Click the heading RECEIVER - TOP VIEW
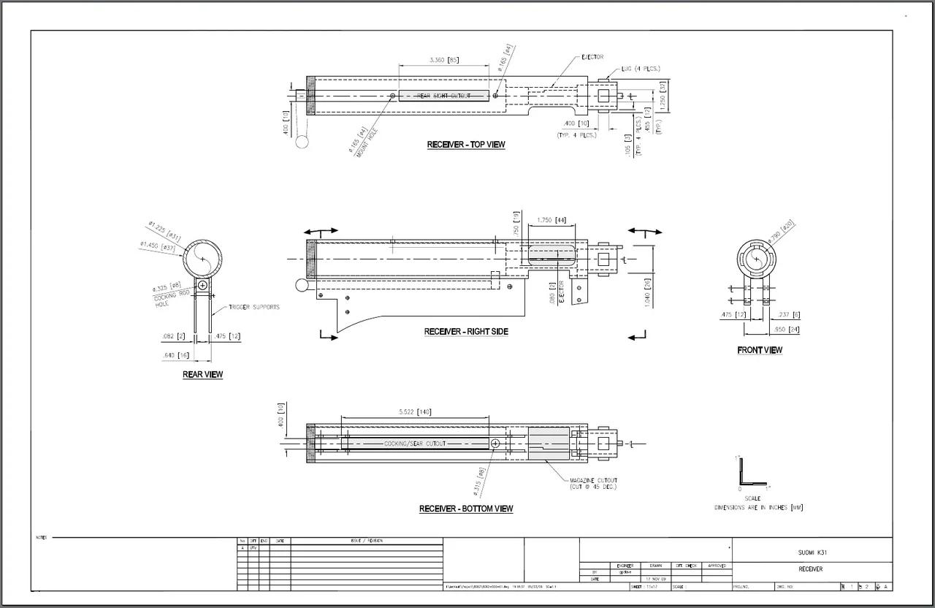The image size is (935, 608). tap(466, 145)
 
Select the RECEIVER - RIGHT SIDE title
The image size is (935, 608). tap(466, 332)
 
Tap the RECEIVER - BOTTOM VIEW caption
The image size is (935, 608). tap(466, 509)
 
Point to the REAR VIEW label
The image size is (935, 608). tap(203, 375)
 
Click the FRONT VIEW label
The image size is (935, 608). tap(760, 351)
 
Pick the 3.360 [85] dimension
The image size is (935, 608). tap(444, 60)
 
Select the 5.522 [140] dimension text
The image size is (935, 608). tap(415, 412)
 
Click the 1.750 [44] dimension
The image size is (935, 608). tap(552, 220)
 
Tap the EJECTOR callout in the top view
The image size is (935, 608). tap(592, 57)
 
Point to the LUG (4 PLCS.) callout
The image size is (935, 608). tap(641, 69)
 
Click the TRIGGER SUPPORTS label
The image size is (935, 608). tap(253, 307)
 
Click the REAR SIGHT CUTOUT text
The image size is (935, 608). tap(443, 96)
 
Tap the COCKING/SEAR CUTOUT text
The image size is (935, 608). tap(415, 444)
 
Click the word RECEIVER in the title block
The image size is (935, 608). tap(811, 569)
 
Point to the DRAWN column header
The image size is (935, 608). tap(654, 566)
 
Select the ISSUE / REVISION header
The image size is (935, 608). tap(367, 541)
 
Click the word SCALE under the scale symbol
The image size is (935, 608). tap(752, 498)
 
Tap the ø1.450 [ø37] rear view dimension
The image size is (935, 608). tap(158, 246)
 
